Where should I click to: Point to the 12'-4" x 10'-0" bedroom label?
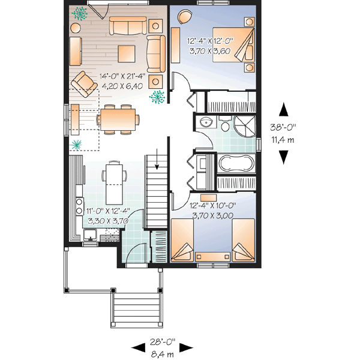pos(212,205)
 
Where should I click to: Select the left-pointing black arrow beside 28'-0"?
pos(139,347)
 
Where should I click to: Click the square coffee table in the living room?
pos(127,52)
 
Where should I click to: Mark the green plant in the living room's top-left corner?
pos(79,13)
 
